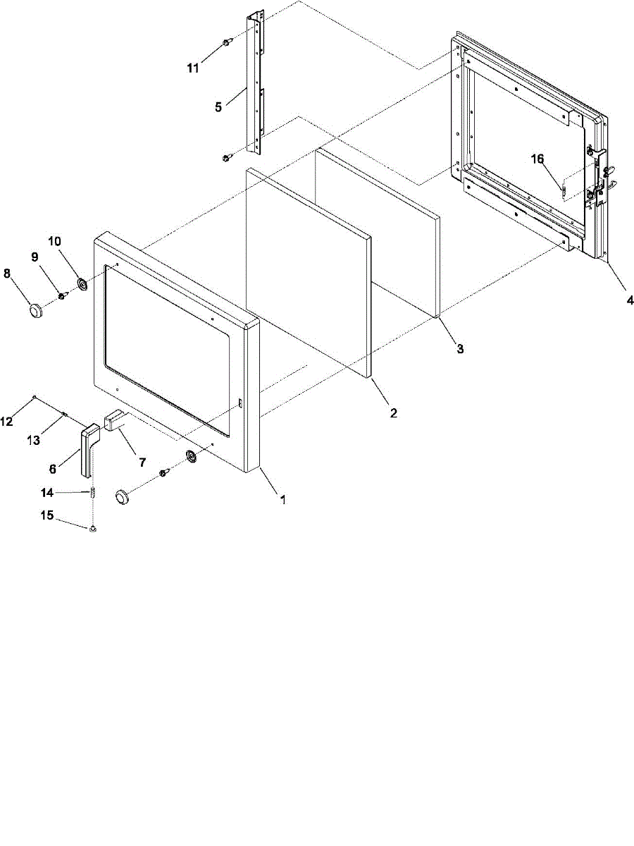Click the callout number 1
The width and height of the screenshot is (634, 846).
283,500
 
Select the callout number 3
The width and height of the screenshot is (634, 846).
459,349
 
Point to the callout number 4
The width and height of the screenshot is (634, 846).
630,300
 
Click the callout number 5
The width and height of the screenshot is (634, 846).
218,107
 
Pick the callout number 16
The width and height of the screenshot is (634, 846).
537,160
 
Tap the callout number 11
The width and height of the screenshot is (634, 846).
193,68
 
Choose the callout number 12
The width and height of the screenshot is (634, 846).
6,422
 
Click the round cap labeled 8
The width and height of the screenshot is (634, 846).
35,309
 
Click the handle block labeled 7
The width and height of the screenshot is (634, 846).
113,422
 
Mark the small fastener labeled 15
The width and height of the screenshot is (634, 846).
92,528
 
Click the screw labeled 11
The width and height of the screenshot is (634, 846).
227,43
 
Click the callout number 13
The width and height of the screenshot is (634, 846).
32,441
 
